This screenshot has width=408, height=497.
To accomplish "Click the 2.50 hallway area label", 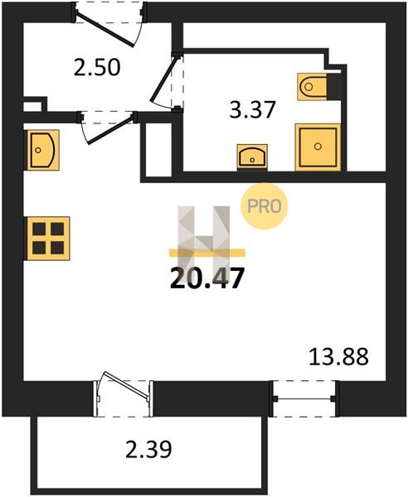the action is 97,68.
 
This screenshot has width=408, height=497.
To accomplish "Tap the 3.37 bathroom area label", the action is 252,109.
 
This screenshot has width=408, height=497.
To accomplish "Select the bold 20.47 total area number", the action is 207,278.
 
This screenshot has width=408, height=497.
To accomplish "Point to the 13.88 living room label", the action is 338,356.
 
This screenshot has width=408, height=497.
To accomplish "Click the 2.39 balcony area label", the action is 148,450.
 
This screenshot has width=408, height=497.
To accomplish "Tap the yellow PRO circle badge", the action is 264,206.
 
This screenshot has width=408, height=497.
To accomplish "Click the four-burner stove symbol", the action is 48,239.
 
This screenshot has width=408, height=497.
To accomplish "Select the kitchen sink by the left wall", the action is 43,150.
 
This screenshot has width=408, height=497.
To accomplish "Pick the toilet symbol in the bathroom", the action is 313,86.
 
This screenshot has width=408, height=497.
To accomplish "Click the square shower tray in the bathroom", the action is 318,147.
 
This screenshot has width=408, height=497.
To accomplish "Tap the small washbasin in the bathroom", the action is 252,156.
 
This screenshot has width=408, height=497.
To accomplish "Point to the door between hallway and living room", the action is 109,130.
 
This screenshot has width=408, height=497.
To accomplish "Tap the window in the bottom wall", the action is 304,398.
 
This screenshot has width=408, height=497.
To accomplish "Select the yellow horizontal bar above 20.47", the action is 207,253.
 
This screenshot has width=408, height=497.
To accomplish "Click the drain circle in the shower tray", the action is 318,146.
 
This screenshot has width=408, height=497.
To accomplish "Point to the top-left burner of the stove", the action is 39,229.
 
